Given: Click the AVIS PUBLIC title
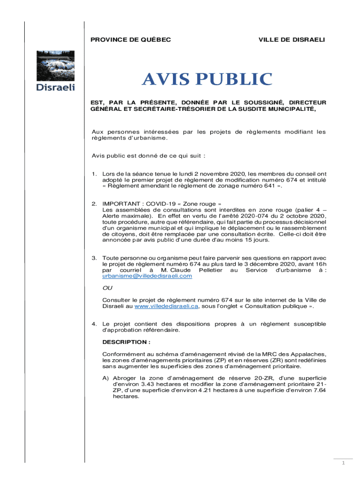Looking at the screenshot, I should [207, 80].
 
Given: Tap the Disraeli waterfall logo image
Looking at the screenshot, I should [56, 65].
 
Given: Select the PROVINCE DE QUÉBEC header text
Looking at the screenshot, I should [130, 40].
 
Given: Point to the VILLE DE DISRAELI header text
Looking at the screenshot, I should [291, 40].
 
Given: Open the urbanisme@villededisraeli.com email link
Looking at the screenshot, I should [147, 276].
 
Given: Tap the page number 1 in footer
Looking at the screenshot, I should [343, 463].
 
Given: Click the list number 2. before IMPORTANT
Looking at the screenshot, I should [94, 204].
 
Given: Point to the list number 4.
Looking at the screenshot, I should [94, 324].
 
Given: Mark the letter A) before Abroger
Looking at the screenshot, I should [106, 377].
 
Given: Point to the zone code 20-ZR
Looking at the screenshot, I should [254, 377].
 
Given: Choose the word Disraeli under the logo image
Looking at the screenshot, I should [56, 87].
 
